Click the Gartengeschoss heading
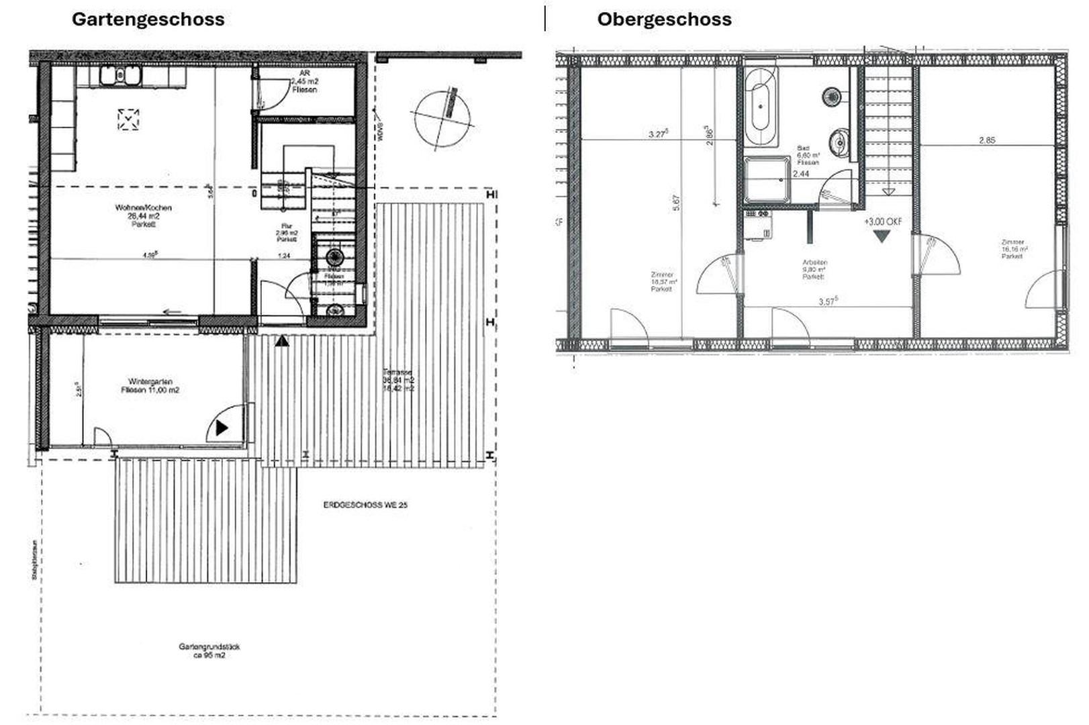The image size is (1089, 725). [148, 19]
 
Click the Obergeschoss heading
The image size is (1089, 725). [664, 19]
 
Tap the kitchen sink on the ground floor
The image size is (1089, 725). [120, 77]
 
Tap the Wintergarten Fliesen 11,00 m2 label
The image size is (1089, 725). [150, 385]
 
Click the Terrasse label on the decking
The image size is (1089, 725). [398, 380]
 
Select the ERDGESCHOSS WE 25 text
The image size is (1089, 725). [365, 505]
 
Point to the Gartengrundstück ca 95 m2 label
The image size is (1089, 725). [209, 650]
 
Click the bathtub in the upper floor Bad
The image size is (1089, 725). [761, 107]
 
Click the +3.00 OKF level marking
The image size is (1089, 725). [882, 222]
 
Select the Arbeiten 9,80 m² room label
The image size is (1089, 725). [813, 269]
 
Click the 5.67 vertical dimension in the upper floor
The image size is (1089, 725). [675, 202]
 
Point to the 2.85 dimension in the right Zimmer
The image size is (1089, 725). [986, 140]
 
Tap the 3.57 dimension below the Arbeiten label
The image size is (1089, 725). [828, 301]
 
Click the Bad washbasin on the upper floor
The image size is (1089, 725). [838, 142]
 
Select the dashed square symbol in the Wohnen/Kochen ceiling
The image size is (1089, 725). [128, 119]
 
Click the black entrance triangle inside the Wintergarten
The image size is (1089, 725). [222, 428]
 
